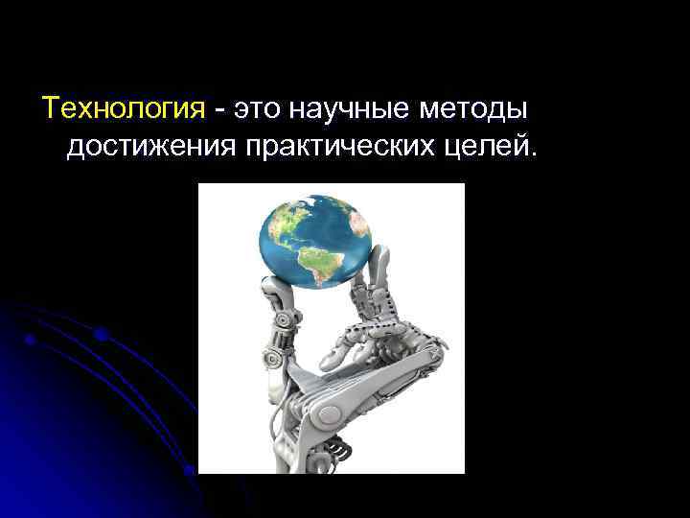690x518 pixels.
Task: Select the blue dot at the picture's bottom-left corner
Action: [x=190, y=469]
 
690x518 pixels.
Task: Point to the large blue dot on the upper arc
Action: [x=100, y=334]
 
